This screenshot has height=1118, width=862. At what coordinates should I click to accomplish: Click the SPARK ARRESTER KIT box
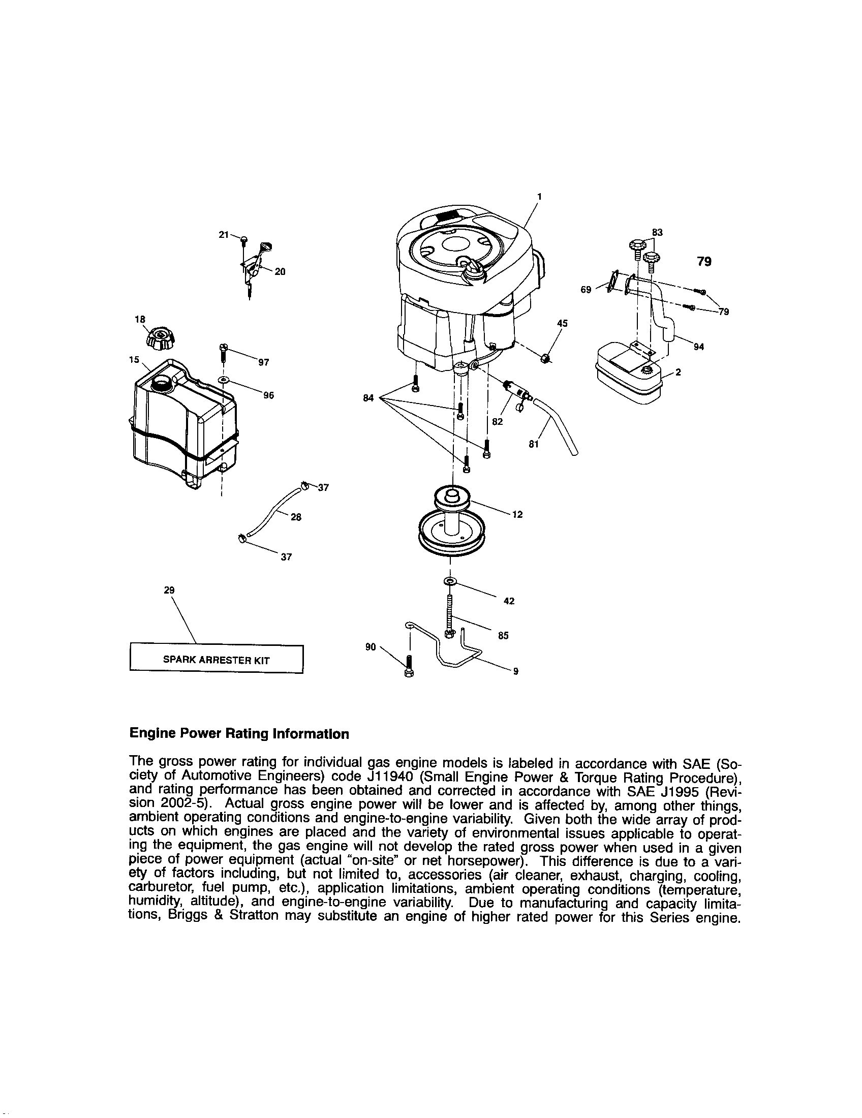coord(217,660)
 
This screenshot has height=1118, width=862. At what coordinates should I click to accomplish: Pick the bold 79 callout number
coord(704,262)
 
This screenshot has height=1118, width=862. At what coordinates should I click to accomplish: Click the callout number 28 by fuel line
coord(296,517)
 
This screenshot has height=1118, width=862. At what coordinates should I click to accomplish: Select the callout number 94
coord(698,347)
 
